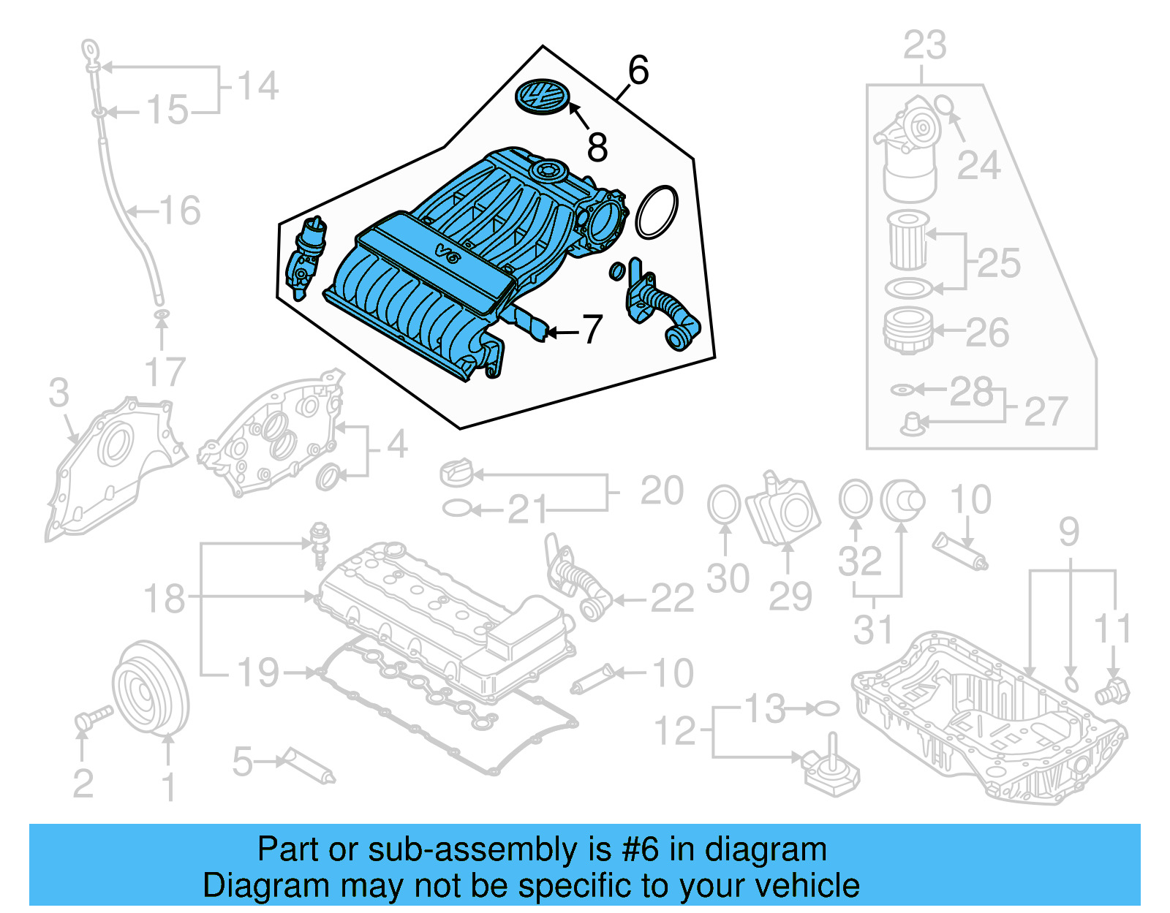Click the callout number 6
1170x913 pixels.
click(638, 71)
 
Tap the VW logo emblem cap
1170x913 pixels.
click(543, 96)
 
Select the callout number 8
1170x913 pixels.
click(597, 148)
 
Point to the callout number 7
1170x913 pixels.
click(592, 330)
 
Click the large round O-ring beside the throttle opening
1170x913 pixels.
click(657, 212)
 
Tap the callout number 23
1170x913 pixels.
click(924, 45)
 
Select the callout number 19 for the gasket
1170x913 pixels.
click(258, 673)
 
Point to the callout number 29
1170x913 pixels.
click(790, 596)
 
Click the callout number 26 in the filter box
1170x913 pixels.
click(987, 333)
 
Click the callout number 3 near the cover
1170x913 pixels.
click(59, 393)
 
